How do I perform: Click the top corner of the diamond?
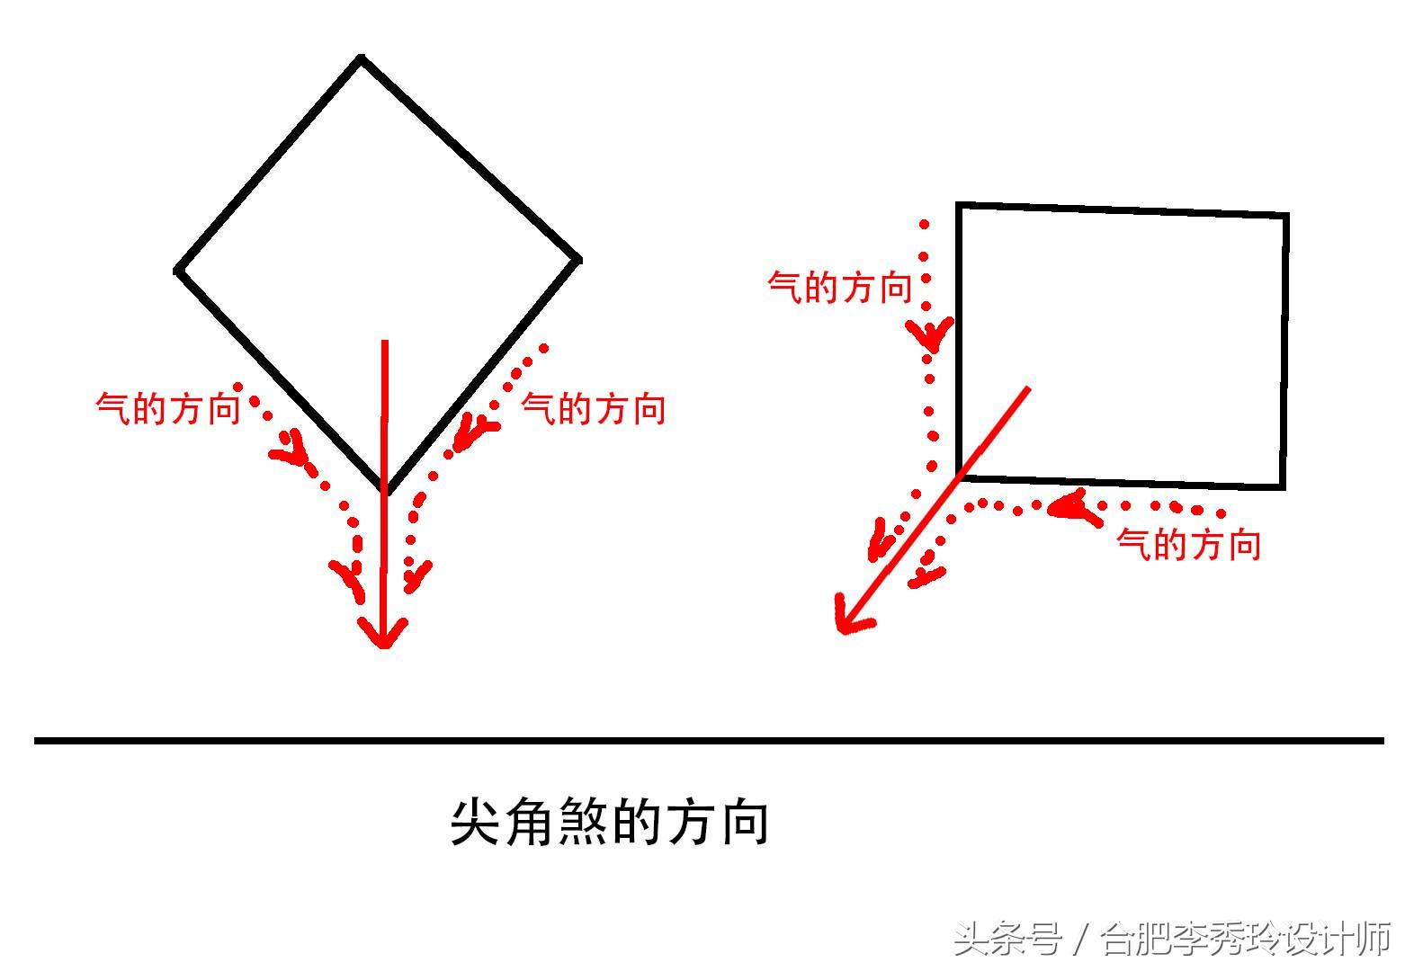361,59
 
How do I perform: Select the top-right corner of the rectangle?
1285,216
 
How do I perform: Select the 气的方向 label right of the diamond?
594,409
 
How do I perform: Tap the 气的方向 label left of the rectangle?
839,288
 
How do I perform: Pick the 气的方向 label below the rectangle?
1188,545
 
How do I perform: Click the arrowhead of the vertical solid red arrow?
384,635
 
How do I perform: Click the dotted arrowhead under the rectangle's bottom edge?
1070,508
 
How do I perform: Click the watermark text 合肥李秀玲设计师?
1247,940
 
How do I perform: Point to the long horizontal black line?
708,741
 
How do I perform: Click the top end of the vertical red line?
385,342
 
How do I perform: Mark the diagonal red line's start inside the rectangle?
1028,388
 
